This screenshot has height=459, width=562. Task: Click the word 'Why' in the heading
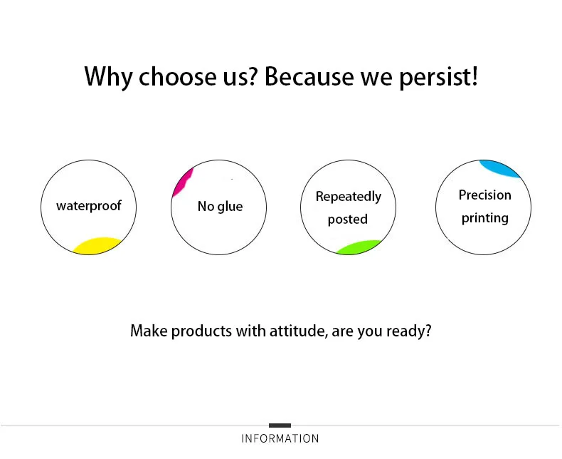[108, 76]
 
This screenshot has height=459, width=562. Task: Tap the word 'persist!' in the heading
[438, 76]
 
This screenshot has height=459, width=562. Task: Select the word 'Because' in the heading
[309, 76]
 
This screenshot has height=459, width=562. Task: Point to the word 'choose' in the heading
[177, 76]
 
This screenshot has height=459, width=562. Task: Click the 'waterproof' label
[89, 206]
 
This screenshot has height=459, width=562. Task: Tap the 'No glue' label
[220, 206]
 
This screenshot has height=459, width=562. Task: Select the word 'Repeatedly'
[349, 197]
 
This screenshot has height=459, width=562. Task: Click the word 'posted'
[348, 219]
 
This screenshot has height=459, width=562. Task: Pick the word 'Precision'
[485, 195]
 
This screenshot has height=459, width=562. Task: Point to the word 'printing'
[485, 218]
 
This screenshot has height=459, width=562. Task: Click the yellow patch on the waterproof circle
[97, 246]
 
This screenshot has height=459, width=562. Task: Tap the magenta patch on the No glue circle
[183, 182]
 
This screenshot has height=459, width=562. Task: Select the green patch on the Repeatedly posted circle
[359, 247]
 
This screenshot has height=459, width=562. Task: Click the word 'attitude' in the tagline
[297, 331]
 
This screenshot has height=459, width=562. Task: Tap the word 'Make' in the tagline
[149, 331]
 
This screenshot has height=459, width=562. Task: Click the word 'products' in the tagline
[201, 331]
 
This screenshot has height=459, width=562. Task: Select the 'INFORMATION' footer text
[280, 438]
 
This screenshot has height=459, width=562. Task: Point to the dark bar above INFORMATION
[280, 426]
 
